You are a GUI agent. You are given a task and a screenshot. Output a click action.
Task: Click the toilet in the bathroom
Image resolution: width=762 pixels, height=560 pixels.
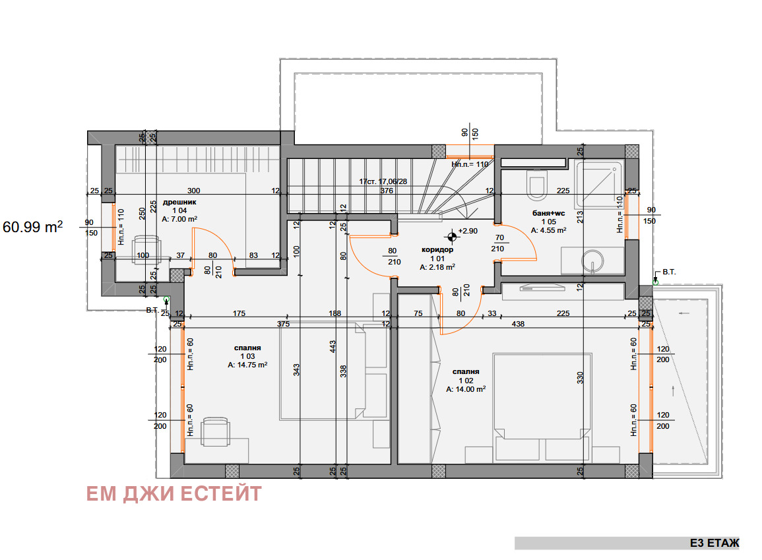pyautogui.click(x=538, y=185)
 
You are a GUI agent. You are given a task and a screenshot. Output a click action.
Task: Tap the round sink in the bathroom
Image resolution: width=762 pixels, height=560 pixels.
pyautogui.click(x=592, y=261)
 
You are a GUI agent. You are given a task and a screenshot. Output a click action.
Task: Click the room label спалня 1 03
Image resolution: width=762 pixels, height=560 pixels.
pyautogui.click(x=247, y=352)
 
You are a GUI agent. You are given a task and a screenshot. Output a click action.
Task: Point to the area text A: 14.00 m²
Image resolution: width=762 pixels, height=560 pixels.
pyautogui.click(x=466, y=390)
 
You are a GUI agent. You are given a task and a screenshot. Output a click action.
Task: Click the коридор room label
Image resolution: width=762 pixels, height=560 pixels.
pyautogui.click(x=437, y=249)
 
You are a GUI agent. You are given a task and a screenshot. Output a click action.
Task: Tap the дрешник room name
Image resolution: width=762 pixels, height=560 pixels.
pyautogui.click(x=179, y=202)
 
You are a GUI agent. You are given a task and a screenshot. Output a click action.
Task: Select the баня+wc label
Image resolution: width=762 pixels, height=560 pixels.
pyautogui.click(x=549, y=213)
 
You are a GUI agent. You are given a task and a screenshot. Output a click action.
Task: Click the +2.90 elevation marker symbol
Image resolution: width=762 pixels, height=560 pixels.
pyautogui.click(x=452, y=237)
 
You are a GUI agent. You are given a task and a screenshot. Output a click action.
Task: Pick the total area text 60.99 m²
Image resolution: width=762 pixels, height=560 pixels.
pyautogui.click(x=32, y=227)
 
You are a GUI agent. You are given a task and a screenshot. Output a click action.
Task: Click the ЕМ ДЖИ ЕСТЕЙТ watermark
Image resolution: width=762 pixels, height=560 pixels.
pyautogui.click(x=174, y=494)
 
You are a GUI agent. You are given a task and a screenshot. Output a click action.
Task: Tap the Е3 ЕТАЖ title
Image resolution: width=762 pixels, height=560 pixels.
pyautogui.click(x=714, y=543)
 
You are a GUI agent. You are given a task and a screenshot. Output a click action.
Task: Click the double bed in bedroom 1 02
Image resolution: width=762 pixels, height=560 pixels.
pyautogui.click(x=542, y=407)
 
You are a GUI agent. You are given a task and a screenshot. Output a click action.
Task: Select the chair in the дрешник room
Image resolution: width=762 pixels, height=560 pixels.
pyautogui.click(x=146, y=249)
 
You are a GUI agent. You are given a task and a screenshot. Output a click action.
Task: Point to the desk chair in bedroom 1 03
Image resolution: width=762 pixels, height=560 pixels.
pyautogui.click(x=215, y=431)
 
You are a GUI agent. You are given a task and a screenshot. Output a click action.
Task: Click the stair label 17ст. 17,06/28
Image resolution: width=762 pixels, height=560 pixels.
pyautogui.click(x=383, y=181)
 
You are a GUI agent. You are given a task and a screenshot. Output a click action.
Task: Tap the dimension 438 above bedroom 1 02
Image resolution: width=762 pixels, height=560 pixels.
pyautogui.click(x=518, y=324)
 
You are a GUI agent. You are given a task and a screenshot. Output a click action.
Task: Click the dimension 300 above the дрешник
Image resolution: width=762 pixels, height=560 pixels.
pyautogui.click(x=193, y=191)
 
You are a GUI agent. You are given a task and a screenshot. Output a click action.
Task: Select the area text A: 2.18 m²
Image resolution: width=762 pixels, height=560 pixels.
pyautogui.click(x=437, y=267)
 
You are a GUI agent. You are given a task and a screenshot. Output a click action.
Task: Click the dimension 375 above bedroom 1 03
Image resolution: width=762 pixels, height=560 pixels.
pyautogui.click(x=283, y=324)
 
